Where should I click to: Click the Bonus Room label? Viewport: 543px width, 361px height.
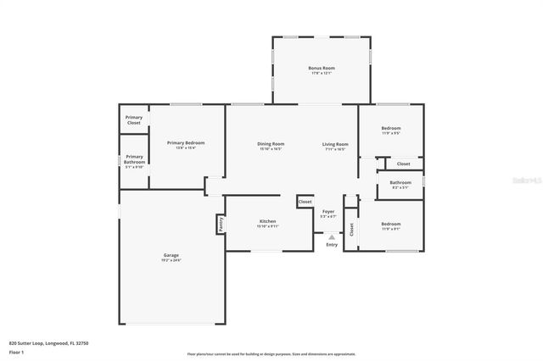(322, 68)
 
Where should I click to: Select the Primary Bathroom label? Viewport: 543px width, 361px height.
(135, 159)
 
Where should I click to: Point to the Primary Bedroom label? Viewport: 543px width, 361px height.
(186, 143)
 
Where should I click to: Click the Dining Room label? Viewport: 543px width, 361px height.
(271, 144)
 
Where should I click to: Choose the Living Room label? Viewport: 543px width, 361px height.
(335, 144)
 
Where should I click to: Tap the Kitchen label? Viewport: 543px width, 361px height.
(268, 222)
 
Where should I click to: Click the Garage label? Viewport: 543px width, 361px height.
(171, 255)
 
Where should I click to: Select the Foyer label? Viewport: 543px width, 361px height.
(328, 211)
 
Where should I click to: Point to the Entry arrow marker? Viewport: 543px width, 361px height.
(331, 237)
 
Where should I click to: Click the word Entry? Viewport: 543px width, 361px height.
(331, 246)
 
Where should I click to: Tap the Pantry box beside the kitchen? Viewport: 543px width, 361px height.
(220, 224)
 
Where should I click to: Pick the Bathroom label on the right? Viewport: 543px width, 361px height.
(400, 182)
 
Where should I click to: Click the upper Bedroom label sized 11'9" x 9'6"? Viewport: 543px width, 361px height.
(391, 129)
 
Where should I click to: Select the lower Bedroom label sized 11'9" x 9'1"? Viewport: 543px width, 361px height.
(391, 224)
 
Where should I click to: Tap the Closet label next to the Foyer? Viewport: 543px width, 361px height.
(305, 202)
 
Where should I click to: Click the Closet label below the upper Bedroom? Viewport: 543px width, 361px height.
(403, 164)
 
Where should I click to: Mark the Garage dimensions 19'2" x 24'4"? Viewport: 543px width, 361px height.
(171, 260)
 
